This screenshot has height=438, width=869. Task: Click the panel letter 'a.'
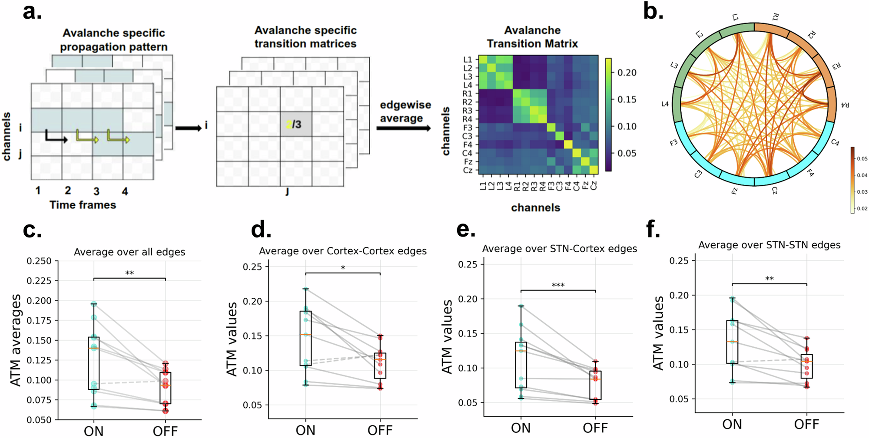pos(32,12)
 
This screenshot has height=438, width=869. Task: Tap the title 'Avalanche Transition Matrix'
pos(532,37)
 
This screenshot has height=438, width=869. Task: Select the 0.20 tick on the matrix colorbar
pos(627,73)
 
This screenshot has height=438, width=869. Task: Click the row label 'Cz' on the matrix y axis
pos(468,170)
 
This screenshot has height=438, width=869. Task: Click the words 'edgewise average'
pos(405,112)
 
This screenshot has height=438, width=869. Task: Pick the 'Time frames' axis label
pos(83,205)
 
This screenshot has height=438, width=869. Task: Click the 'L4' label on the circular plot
pos(665,104)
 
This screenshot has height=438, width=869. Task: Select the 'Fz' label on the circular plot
pos(734,190)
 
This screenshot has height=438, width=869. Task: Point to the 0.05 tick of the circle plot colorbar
pos(862,159)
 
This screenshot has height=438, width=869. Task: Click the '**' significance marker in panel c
pos(129,273)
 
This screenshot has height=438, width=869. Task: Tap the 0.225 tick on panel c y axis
pos(39,281)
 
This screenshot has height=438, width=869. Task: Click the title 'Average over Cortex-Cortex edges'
pos(343,251)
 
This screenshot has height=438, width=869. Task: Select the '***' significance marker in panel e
pos(558,285)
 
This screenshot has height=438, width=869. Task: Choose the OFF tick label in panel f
pos(806,424)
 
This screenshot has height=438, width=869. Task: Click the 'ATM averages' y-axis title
pos(16,340)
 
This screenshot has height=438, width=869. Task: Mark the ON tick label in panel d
pos(305,430)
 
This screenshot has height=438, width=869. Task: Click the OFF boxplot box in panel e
pos(595,385)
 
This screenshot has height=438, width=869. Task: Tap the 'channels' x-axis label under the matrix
pos(535,207)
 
